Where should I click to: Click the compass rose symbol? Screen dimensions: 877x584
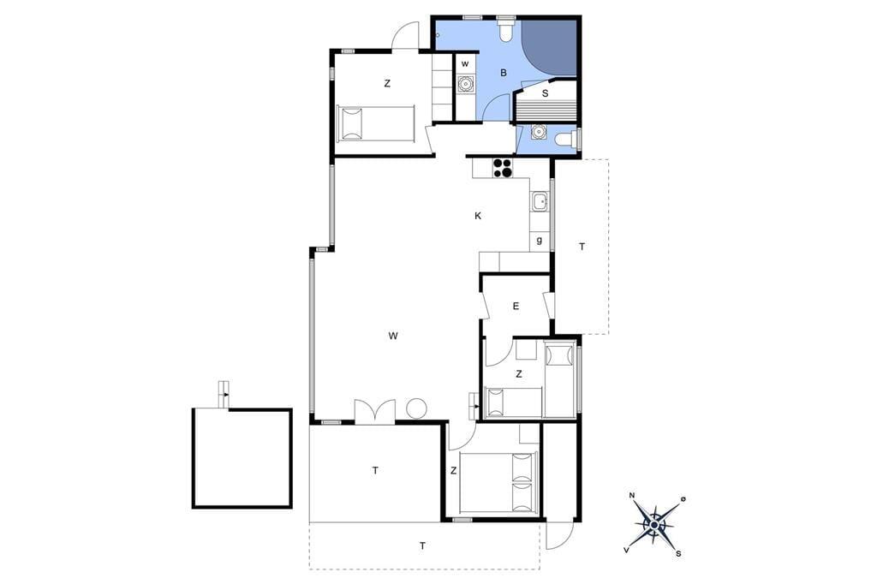point(653,524)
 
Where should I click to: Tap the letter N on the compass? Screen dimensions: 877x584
point(632,495)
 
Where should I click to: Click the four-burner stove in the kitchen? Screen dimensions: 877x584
point(502,168)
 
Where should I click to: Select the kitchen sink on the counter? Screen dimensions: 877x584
point(540,201)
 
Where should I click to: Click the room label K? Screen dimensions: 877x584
point(478,216)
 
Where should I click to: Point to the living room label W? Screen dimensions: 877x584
point(393,336)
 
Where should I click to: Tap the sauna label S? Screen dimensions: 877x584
point(546,93)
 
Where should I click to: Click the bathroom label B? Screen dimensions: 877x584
point(504,73)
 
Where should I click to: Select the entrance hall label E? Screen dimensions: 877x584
point(516,306)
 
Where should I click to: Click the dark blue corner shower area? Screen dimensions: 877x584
point(555,44)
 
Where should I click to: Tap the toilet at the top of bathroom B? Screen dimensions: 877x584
point(507,32)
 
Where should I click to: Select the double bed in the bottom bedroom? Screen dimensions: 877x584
point(498,482)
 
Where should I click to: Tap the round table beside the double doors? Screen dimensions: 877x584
point(417,408)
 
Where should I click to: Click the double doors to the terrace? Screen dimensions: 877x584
point(375,410)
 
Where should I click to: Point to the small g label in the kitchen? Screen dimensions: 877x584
point(540,241)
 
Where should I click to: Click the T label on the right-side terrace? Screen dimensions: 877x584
point(582,246)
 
